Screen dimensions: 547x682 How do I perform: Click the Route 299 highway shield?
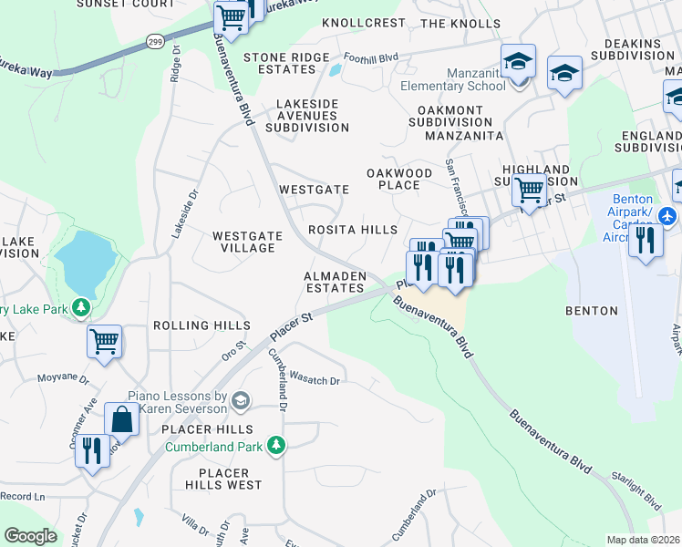[156, 40]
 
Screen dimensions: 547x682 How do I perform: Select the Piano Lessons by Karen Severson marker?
[241, 400]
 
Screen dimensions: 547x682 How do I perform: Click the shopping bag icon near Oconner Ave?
[121, 420]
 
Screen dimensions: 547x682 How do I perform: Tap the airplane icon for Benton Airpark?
[666, 216]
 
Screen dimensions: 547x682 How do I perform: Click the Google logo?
[30, 536]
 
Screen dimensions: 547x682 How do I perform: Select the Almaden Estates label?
[334, 282]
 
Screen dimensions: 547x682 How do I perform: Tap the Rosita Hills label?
[353, 231]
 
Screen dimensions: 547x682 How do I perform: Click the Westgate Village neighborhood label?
[244, 242]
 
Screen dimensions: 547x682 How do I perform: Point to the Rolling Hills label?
[201, 325]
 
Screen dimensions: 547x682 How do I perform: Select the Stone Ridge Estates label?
[285, 63]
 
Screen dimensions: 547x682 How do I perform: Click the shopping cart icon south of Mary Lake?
[105, 342]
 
